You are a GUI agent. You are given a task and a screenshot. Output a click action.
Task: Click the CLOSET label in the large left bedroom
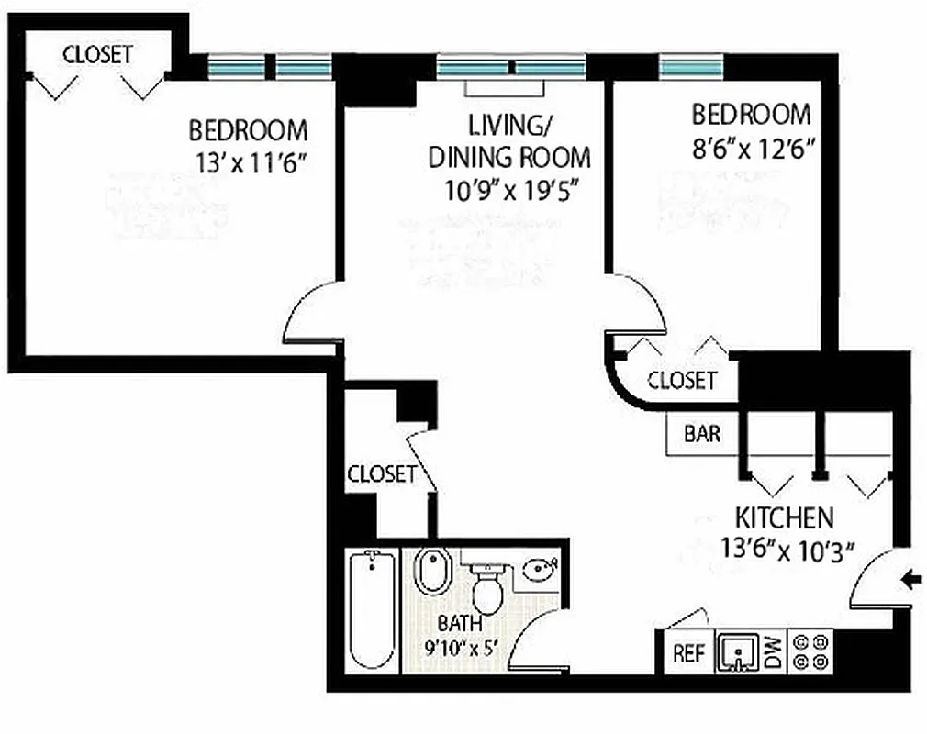point(97,54)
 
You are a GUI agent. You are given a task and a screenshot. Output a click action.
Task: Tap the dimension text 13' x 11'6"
point(250,162)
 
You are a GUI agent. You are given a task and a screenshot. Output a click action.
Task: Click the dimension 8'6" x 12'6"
point(753,147)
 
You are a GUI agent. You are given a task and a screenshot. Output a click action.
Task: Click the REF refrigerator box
point(688,653)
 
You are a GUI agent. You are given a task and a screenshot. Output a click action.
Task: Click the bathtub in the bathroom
point(372,609)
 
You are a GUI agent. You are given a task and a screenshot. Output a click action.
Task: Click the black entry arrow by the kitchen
point(910,579)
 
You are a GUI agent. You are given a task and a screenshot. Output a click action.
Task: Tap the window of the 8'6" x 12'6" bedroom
point(691,67)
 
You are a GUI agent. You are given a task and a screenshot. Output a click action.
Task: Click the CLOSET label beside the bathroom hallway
point(381,473)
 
